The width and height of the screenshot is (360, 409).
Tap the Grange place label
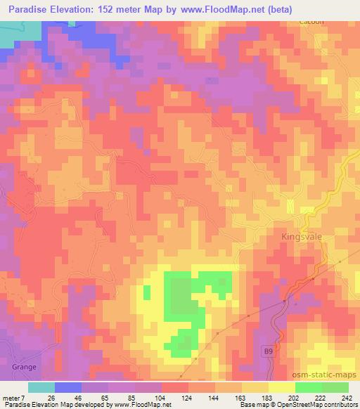23,367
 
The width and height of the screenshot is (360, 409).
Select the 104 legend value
160,398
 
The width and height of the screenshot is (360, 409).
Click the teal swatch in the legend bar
41,387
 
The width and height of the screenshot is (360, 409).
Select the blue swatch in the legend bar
68,387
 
